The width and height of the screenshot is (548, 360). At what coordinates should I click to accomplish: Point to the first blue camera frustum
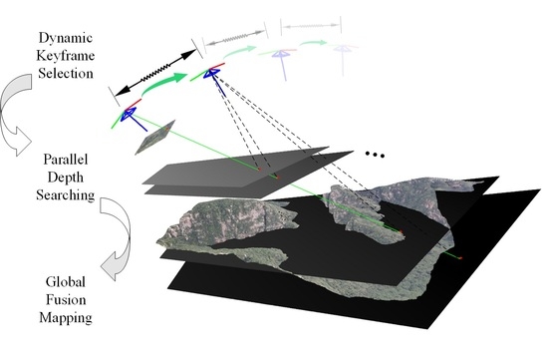pyautogui.click(x=129, y=116)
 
